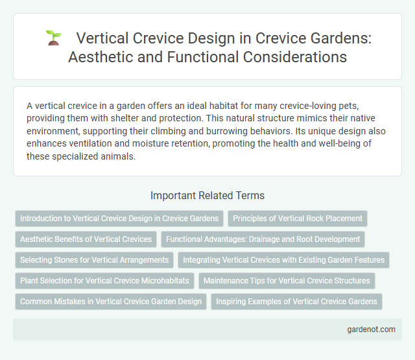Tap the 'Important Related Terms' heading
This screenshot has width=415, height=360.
click(x=207, y=195)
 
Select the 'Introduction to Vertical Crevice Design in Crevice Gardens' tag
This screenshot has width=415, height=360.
click(x=119, y=218)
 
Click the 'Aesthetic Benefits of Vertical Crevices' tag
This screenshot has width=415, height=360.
click(x=86, y=239)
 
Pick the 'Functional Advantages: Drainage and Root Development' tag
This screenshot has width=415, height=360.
click(x=263, y=239)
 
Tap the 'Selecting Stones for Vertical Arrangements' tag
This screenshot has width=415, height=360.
click(x=94, y=260)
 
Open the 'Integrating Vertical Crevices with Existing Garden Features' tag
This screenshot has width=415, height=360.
click(x=283, y=260)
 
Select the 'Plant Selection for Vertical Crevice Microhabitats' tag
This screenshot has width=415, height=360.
click(x=104, y=281)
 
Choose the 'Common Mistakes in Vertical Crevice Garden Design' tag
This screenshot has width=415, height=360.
click(x=110, y=302)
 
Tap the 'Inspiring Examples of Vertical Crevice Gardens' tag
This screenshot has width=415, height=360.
click(x=296, y=302)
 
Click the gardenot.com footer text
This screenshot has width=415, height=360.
click(x=370, y=329)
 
